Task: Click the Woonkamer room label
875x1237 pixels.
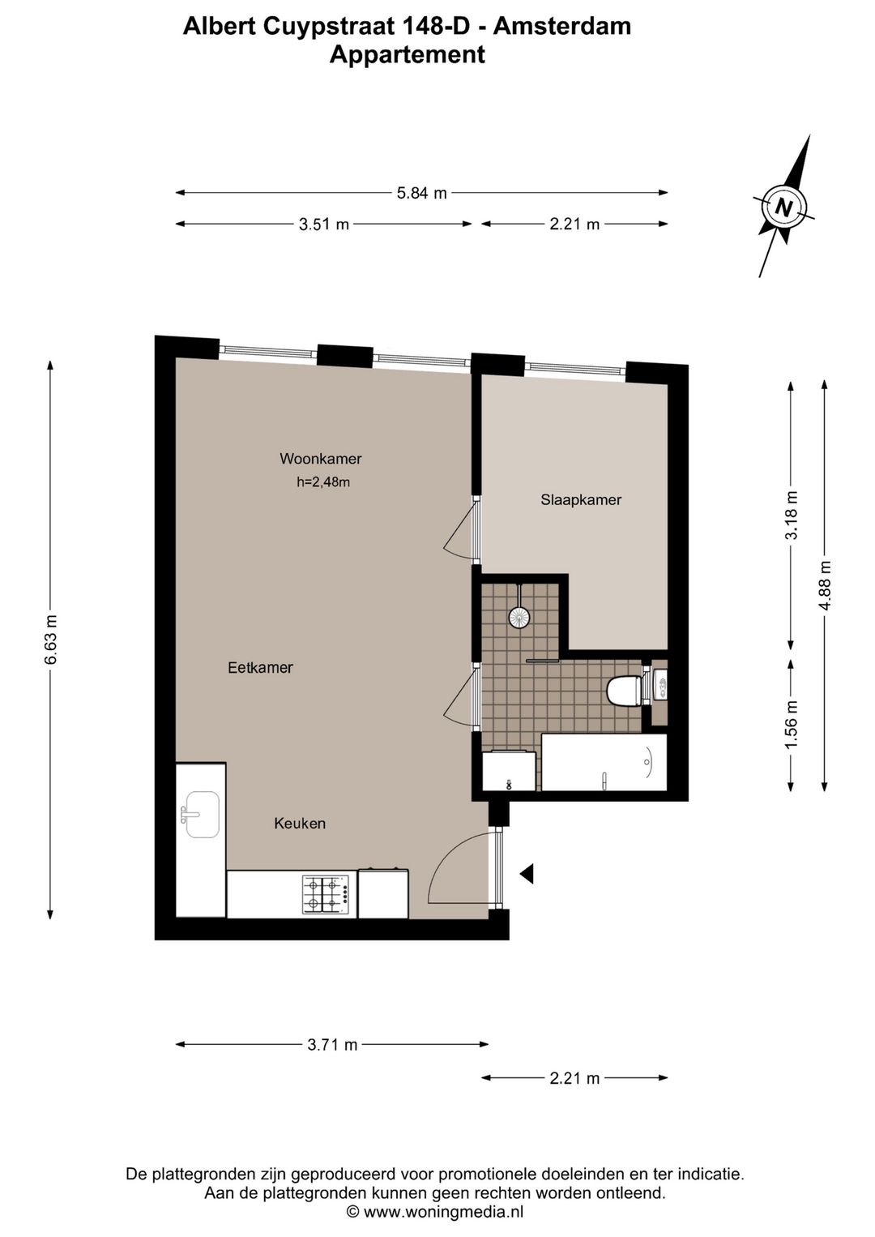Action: click(320, 459)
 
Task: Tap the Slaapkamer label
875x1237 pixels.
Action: click(581, 500)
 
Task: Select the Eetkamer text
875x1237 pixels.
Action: click(260, 668)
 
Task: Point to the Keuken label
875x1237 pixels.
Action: click(300, 824)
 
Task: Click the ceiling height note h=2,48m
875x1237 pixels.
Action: click(323, 482)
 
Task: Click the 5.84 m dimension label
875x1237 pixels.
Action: click(421, 193)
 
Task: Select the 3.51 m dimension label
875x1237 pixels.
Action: click(324, 225)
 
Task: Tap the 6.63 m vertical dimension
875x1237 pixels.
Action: click(51, 640)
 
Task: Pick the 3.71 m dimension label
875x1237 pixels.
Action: click(332, 1045)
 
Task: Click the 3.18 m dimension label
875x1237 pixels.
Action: click(792, 516)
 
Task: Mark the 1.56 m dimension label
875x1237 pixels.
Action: click(792, 724)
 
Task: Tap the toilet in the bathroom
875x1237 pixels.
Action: click(625, 691)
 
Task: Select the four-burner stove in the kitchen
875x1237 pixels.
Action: click(329, 894)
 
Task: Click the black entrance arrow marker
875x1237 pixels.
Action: click(527, 873)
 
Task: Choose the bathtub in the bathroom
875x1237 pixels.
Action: click(604, 762)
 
